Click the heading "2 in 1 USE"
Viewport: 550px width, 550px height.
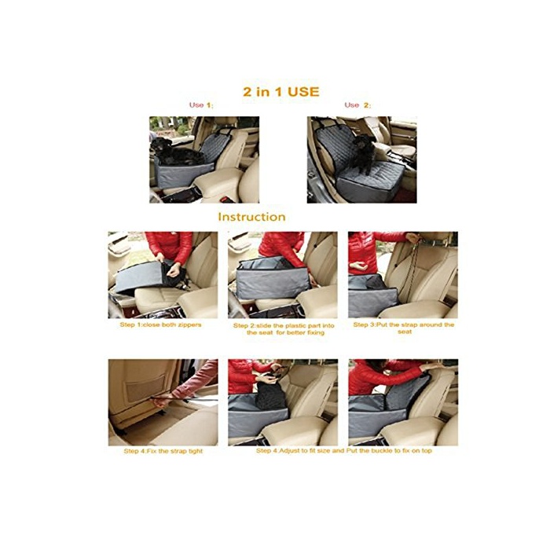(x=281, y=92)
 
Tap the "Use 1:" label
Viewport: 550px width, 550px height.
(x=201, y=104)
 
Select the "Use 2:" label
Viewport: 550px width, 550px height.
(x=357, y=104)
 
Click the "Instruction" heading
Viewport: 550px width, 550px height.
(x=252, y=217)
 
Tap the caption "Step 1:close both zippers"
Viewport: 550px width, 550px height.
(x=160, y=324)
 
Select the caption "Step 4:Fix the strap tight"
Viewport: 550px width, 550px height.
(x=163, y=451)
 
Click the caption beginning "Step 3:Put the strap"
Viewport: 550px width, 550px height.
(x=403, y=328)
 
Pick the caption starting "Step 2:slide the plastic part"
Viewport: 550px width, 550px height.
(x=284, y=329)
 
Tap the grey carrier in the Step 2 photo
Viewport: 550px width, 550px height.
(x=272, y=279)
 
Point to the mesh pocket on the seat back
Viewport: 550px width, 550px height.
(x=145, y=387)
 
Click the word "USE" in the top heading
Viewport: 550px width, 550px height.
(x=303, y=92)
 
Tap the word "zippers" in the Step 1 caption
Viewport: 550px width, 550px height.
(x=189, y=324)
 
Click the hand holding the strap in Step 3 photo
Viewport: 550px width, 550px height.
(x=414, y=239)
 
